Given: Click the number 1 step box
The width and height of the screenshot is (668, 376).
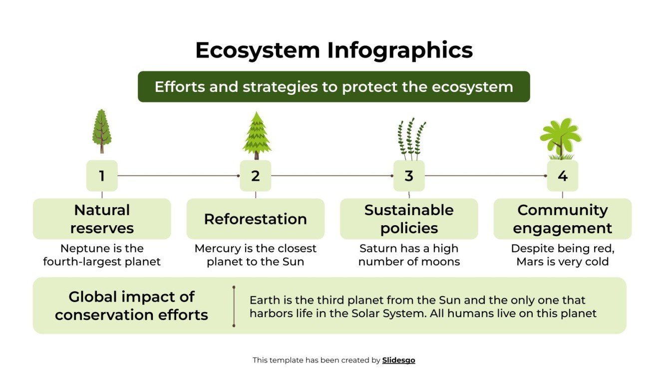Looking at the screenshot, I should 102,176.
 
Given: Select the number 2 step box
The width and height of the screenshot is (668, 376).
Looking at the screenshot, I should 256,176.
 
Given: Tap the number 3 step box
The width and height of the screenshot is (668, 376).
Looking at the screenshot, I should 409,176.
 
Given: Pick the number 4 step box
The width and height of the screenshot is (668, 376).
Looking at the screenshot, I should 562,176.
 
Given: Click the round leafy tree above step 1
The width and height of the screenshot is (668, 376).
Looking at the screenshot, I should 102,131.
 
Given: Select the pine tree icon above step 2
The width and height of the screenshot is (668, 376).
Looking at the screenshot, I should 257,135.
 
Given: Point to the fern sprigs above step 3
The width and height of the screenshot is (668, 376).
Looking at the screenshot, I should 411,139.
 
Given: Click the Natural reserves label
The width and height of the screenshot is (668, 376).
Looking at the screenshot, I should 102,219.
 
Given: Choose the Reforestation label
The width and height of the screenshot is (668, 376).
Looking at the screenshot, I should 256,219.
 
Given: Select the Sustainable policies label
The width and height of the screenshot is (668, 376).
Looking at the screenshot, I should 409,219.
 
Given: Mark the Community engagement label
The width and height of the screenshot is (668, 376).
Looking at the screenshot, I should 562,219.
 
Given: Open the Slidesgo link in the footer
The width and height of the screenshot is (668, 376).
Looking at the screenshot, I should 398,360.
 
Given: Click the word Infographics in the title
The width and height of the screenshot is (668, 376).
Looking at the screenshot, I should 400,50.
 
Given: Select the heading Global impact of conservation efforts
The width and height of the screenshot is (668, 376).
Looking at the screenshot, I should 131,306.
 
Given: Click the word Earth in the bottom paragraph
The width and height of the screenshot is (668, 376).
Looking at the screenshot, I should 265,301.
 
